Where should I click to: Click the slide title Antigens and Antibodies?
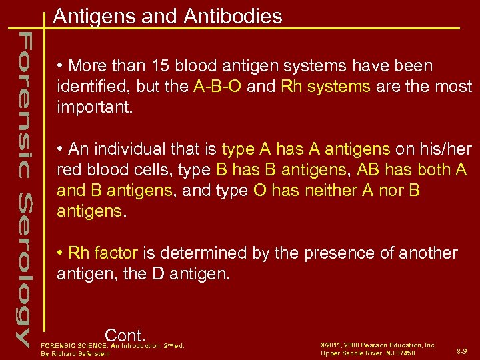tap(167, 16)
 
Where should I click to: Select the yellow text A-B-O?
tap(218, 87)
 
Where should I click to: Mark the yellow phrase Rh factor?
tap(103, 253)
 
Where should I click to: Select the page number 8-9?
tap(462, 350)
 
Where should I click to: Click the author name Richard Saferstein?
tap(85, 353)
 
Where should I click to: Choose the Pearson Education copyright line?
tap(378, 345)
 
